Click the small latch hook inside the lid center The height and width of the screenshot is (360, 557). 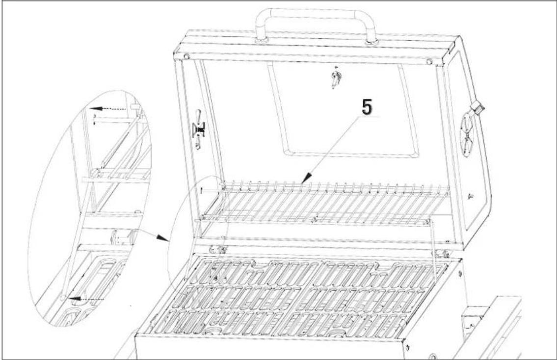(x=336, y=78)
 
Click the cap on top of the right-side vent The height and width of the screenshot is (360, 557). (x=476, y=106)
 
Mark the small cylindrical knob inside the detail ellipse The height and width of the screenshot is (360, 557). (x=121, y=237)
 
